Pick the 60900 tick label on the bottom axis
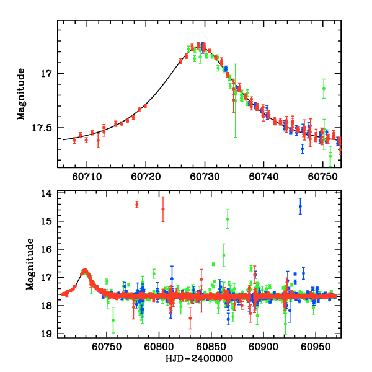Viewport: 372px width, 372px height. point(263,345)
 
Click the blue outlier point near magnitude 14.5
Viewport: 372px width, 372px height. point(300,206)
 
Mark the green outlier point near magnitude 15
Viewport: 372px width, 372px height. point(228,219)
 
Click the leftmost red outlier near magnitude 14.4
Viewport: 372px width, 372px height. point(137,204)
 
